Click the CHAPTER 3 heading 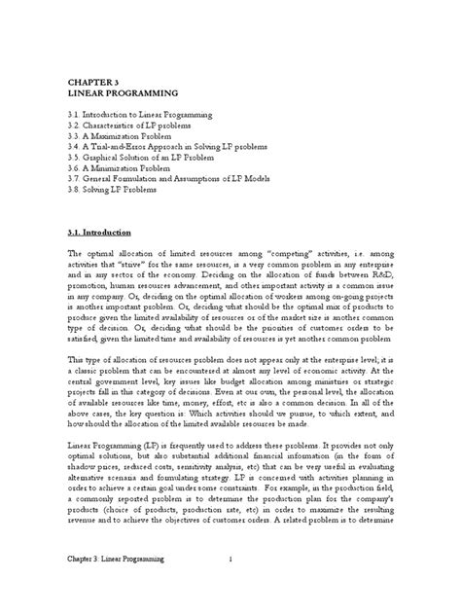point(94,84)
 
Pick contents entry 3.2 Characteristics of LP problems point(143,127)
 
